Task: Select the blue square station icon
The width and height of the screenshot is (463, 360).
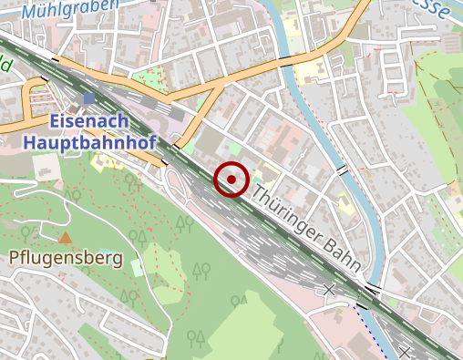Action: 88,98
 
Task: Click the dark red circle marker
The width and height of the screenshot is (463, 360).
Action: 232,180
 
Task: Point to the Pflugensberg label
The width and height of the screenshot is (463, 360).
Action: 66,258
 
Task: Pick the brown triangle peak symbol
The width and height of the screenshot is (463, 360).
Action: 65,238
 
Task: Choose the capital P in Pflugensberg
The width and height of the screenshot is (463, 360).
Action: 15,258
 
